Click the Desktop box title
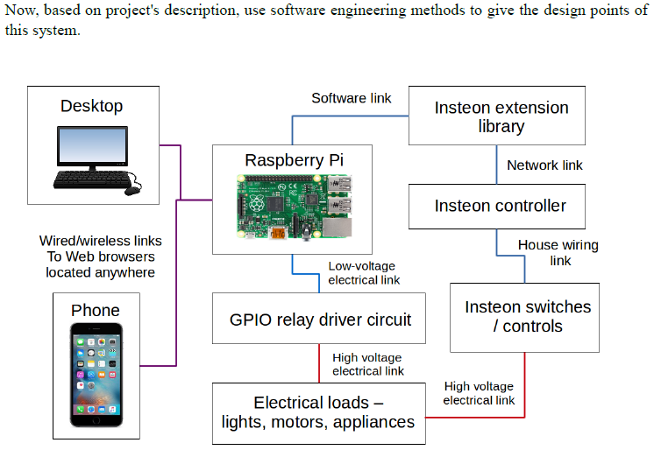[x=91, y=106]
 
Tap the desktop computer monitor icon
[x=92, y=146]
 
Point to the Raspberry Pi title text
[x=293, y=160]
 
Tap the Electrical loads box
[x=318, y=412]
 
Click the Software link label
[x=351, y=98]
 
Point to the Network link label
[x=544, y=165]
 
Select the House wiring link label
[x=558, y=253]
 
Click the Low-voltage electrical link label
[x=364, y=273]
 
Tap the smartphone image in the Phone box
[x=96, y=376]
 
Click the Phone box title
[x=96, y=310]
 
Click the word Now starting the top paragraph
[x=21, y=11]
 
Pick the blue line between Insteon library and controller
[x=496, y=165]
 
